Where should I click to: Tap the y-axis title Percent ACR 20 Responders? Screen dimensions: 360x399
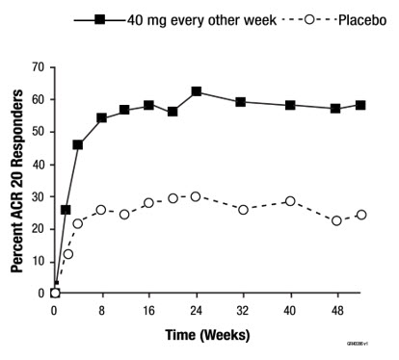point(17,179)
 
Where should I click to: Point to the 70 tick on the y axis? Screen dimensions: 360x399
point(38,66)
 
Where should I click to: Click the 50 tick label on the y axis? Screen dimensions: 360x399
point(38,132)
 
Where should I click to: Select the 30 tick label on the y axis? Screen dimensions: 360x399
point(38,196)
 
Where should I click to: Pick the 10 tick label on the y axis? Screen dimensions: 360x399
point(38,261)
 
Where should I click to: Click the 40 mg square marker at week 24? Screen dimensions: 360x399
point(196,91)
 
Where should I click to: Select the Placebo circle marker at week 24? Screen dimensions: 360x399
point(196,196)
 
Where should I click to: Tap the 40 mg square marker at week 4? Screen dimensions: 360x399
point(78,144)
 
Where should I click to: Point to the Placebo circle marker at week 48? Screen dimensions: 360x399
point(335,220)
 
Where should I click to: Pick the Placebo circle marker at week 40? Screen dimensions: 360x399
point(289,201)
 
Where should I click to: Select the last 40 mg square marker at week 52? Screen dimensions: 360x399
point(360,105)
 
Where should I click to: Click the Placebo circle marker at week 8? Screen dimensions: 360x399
point(101,210)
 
